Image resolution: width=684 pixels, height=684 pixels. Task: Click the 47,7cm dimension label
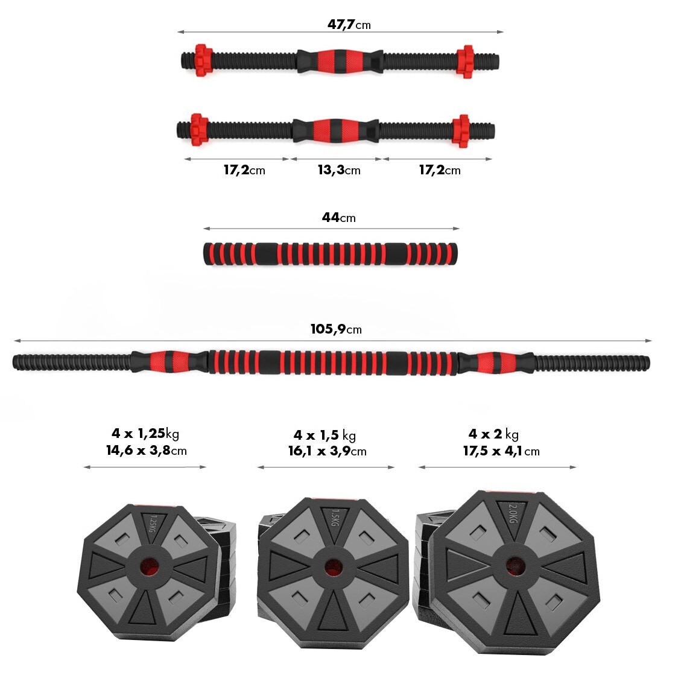pos(349,24)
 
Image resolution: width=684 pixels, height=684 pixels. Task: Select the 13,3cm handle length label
pos(338,170)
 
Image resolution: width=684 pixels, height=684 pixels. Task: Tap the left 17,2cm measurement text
pos(244,170)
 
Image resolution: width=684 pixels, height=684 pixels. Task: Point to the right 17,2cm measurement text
pos(439,170)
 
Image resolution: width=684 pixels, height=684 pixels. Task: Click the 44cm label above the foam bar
pos(338,217)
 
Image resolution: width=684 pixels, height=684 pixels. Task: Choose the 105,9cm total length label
pos(336,329)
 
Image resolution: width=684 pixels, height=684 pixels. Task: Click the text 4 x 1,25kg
pos(145,433)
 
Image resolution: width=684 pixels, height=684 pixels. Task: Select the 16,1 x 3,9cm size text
pos(327,451)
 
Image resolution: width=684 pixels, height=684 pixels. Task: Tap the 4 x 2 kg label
pos(493,434)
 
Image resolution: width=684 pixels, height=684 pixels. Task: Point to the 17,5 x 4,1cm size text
pos(501,451)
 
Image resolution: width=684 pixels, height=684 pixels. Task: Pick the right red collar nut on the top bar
pos(466,61)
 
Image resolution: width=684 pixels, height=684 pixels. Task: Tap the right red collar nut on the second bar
pos(461,130)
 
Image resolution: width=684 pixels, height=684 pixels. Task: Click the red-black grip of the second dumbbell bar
pos(335,130)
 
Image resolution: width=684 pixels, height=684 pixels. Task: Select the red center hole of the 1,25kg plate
pos(148,568)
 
